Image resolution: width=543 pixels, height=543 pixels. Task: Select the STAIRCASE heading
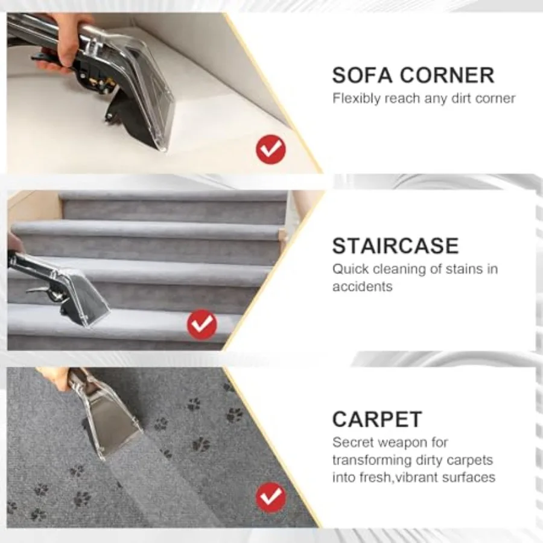(395, 246)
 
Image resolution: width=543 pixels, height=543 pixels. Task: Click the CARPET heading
(377, 419)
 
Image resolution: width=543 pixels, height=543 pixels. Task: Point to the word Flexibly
(357, 99)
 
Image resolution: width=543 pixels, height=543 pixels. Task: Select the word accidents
(362, 287)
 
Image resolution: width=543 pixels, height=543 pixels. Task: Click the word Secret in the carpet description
(352, 443)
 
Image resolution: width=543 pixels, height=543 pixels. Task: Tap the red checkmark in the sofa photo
(271, 150)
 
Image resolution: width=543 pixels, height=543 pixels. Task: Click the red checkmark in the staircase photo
(202, 325)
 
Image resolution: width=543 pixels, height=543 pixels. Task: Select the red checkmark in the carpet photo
(271, 498)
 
